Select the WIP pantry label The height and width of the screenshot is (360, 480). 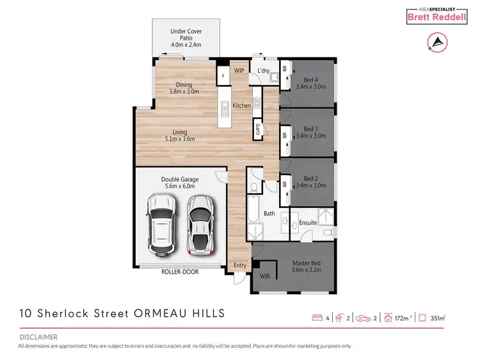[239, 70]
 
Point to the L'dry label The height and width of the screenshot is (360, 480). [264, 70]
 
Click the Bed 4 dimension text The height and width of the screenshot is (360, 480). [310, 86]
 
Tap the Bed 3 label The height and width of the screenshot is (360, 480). [310, 128]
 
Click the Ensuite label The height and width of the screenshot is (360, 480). [308, 223]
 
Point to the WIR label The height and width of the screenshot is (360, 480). [264, 276]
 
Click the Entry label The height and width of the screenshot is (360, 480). [240, 265]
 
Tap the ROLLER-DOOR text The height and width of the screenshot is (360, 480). [180, 272]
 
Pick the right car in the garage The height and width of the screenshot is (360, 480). [200, 224]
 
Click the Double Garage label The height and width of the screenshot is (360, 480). [180, 180]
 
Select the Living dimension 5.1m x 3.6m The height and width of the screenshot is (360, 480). [179, 139]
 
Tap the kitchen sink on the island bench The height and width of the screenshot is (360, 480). [225, 109]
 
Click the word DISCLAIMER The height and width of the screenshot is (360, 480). [38, 336]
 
